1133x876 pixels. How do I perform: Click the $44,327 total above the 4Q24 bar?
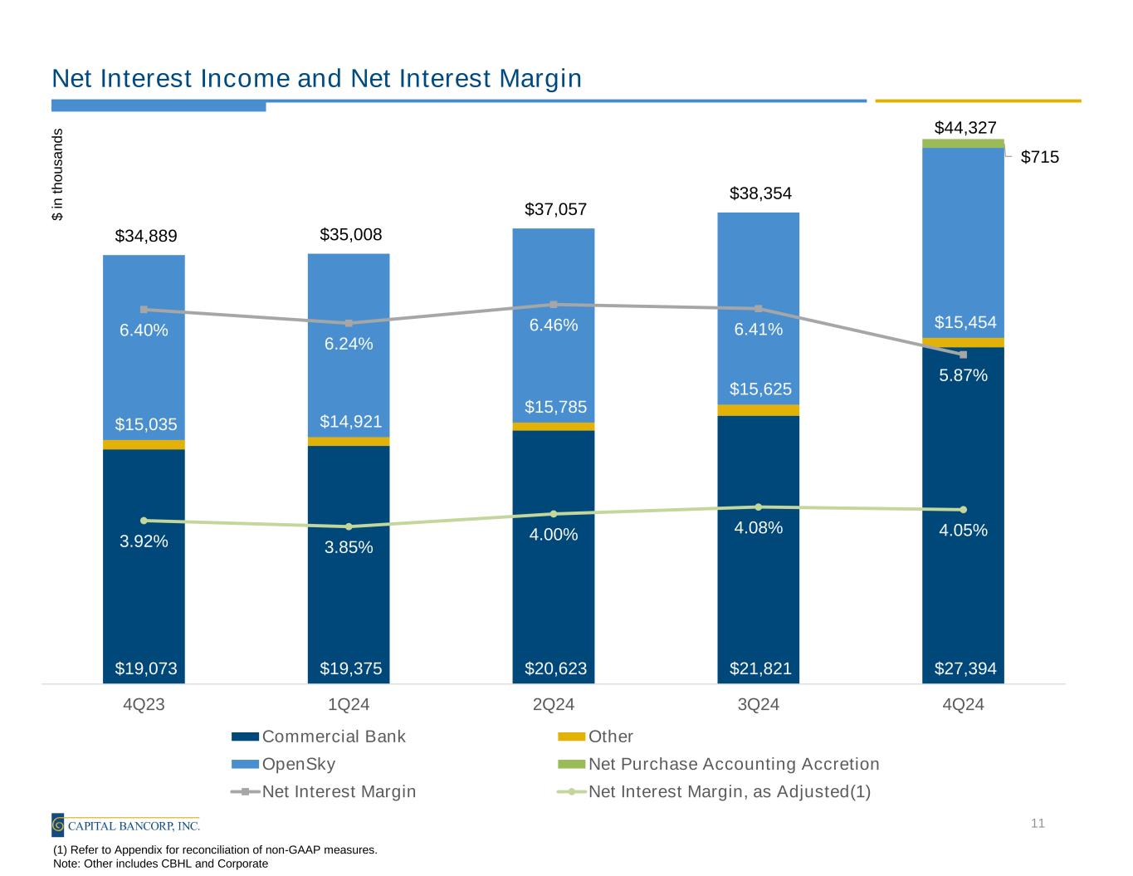(x=965, y=128)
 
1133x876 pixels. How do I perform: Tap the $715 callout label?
(x=1039, y=157)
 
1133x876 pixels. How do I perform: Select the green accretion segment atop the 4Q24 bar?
(x=963, y=144)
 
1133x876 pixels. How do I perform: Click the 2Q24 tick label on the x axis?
(x=554, y=705)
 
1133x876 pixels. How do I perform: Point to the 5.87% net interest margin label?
(x=963, y=375)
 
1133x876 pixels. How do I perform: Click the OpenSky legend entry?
(x=299, y=764)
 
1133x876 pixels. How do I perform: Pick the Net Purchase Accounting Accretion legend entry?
(x=734, y=764)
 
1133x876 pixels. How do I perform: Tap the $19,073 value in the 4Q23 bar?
(x=146, y=668)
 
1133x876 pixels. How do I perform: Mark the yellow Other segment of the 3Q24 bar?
(x=759, y=410)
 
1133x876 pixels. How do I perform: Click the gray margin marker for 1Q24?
(x=349, y=323)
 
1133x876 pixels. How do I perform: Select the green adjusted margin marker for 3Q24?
(x=759, y=507)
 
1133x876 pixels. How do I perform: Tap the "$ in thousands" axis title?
(x=57, y=174)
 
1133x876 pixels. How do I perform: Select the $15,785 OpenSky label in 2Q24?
(x=555, y=407)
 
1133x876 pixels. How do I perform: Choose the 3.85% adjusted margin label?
(x=349, y=547)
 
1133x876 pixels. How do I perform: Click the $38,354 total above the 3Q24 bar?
(x=760, y=193)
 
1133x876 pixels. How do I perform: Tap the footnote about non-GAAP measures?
(x=215, y=849)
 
